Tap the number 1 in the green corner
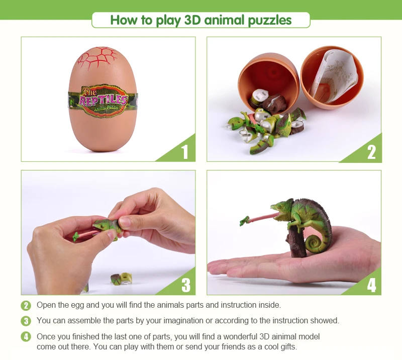(185, 151)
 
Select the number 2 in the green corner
(371, 151)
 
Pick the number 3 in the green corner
(185, 285)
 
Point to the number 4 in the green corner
(371, 285)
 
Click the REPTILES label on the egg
(103, 99)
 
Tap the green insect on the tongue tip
(245, 220)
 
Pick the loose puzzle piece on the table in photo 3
(121, 279)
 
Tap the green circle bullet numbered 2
(26, 305)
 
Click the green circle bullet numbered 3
(26, 321)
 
